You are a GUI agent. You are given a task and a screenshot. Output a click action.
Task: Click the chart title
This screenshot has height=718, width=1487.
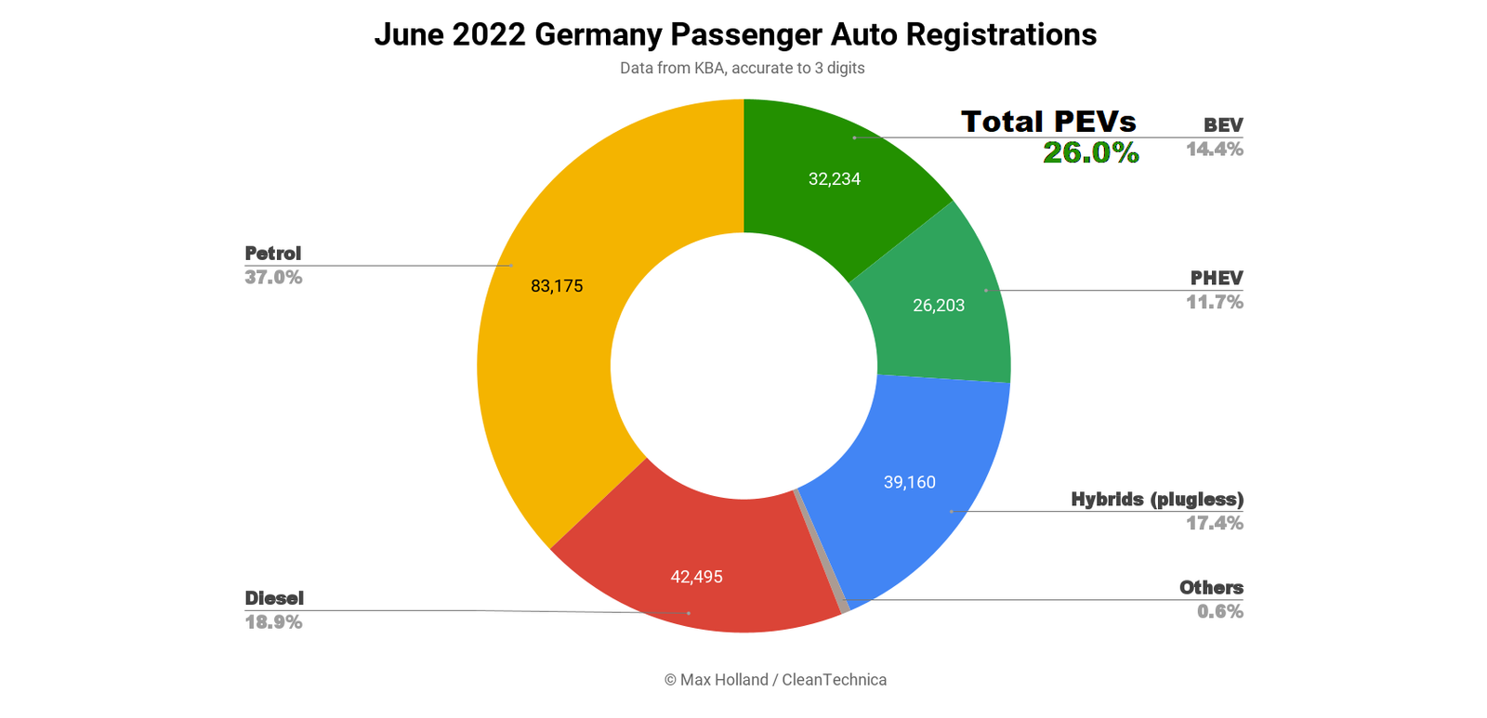(x=735, y=34)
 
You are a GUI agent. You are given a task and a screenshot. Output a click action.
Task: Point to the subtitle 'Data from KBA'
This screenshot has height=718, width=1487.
(x=742, y=68)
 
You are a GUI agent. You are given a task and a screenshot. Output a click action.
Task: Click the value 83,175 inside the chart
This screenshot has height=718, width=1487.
(x=557, y=286)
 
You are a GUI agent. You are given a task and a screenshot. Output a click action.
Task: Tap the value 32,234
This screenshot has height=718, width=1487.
(x=834, y=179)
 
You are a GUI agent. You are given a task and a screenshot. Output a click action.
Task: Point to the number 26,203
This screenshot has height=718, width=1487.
(x=939, y=306)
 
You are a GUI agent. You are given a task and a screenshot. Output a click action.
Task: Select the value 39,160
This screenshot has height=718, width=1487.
(x=909, y=482)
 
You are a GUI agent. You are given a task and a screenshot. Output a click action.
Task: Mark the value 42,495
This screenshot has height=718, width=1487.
(x=696, y=577)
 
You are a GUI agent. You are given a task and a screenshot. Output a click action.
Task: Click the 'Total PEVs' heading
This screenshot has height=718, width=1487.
(x=1048, y=122)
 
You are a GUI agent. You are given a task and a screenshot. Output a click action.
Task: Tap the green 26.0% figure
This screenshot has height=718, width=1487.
(x=1090, y=152)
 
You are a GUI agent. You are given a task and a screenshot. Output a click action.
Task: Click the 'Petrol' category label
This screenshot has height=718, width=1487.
(x=272, y=254)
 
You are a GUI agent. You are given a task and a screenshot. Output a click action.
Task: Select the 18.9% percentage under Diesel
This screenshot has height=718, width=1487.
(x=273, y=622)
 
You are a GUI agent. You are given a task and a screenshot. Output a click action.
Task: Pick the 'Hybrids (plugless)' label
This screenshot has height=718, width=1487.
(x=1156, y=500)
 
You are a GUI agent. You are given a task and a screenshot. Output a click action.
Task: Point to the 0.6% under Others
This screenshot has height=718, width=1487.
(x=1219, y=611)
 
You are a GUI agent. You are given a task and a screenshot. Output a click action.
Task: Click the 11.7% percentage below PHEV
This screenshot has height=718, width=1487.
(x=1214, y=302)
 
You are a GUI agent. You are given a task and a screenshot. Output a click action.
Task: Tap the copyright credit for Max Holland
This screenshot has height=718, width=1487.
(x=775, y=680)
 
